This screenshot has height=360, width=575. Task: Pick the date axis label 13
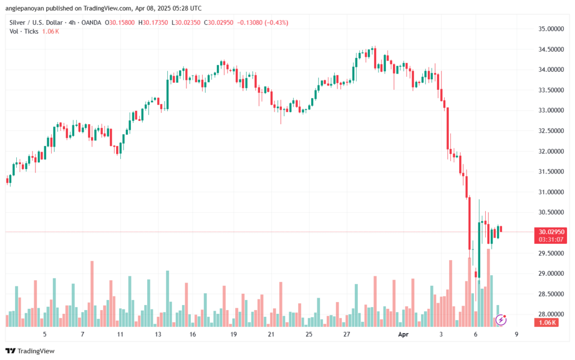click(158, 334)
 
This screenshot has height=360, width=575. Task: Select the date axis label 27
click(347, 334)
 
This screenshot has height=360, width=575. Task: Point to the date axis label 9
click(515, 334)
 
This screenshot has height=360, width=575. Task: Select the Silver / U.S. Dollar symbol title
click(39, 21)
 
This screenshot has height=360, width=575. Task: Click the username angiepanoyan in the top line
click(30, 7)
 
